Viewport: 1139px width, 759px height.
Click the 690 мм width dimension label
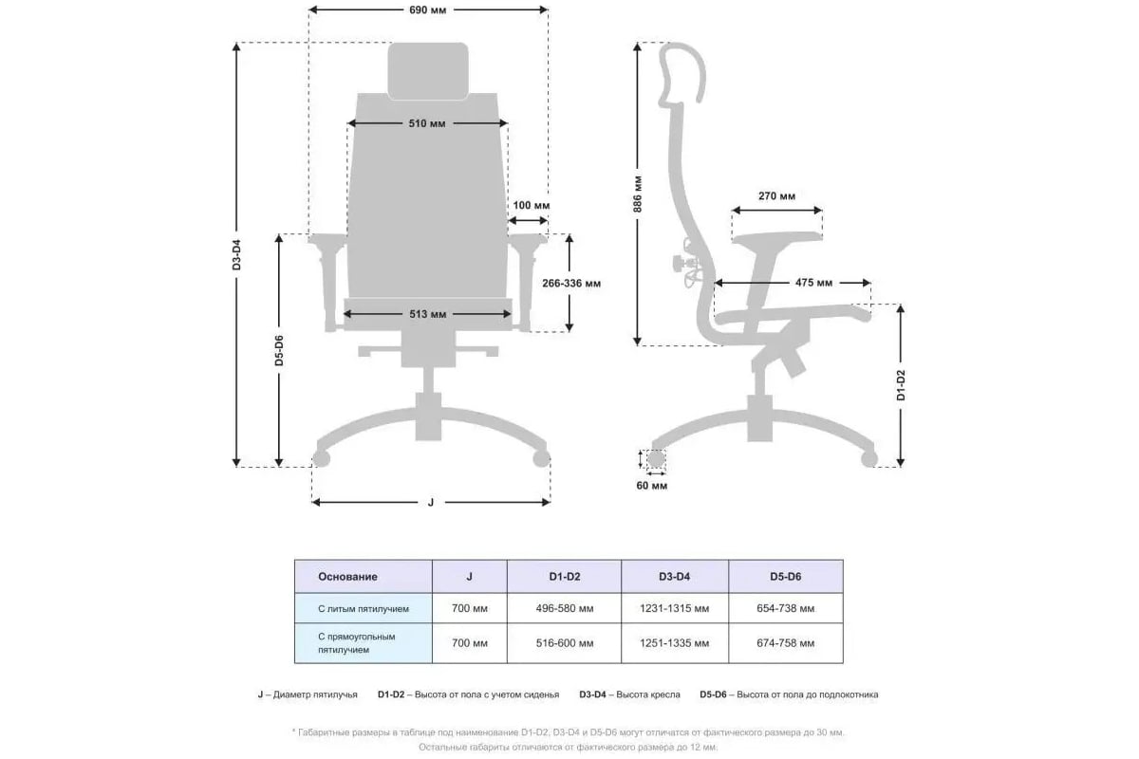[x=428, y=9]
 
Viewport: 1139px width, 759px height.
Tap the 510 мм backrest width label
[x=427, y=123]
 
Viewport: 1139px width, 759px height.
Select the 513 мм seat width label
[x=428, y=314]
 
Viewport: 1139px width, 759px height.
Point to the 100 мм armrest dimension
[x=531, y=205]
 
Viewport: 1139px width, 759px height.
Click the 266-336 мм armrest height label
[x=571, y=283]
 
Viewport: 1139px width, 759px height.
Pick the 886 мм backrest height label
[x=638, y=194]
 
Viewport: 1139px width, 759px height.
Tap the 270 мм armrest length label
[x=776, y=195]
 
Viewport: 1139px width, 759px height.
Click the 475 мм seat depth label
[x=813, y=283]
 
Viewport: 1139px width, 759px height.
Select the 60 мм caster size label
[x=652, y=486]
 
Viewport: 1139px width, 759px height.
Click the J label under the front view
[x=431, y=502]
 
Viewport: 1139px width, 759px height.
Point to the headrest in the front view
[x=428, y=71]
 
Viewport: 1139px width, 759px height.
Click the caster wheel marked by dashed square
[x=656, y=459]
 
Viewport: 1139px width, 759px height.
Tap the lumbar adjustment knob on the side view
[x=680, y=264]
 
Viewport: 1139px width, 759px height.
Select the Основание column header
[x=347, y=577]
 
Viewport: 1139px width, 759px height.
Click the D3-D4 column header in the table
[x=674, y=577]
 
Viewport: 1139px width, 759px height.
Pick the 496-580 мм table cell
[x=565, y=608]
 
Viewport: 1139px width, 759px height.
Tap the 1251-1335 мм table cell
[x=674, y=643]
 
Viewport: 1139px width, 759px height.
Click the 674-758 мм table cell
[x=786, y=643]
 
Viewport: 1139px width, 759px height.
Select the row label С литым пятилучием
[x=363, y=609]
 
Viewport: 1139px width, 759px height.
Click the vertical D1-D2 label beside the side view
[x=901, y=385]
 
